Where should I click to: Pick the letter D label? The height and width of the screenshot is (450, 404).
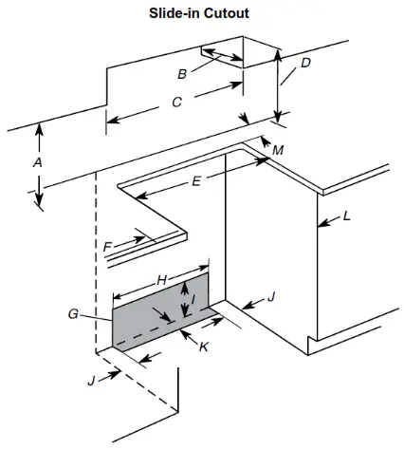(304, 64)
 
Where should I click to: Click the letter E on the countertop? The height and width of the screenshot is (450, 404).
(196, 180)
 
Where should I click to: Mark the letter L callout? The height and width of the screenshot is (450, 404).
(346, 216)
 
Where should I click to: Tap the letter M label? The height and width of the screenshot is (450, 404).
(277, 151)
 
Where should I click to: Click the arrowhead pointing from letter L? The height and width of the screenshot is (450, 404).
(321, 223)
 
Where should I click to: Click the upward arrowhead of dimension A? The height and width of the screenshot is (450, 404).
(38, 129)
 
